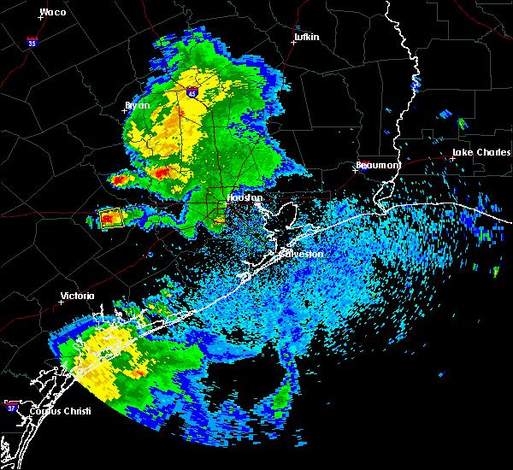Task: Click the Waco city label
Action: [x=52, y=13]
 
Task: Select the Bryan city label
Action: [x=137, y=106]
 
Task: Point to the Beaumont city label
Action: [x=378, y=164]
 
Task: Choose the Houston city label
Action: [x=245, y=197]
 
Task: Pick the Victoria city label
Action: [x=76, y=297]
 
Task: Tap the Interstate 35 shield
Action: [x=32, y=41]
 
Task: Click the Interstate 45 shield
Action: [x=192, y=93]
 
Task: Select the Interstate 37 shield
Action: [x=11, y=405]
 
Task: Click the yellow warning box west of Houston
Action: [x=110, y=218]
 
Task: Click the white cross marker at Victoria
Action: [x=62, y=303]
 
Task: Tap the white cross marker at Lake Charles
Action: [x=451, y=159]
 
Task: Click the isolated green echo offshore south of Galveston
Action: [x=281, y=396]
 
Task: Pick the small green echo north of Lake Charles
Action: [x=463, y=124]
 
